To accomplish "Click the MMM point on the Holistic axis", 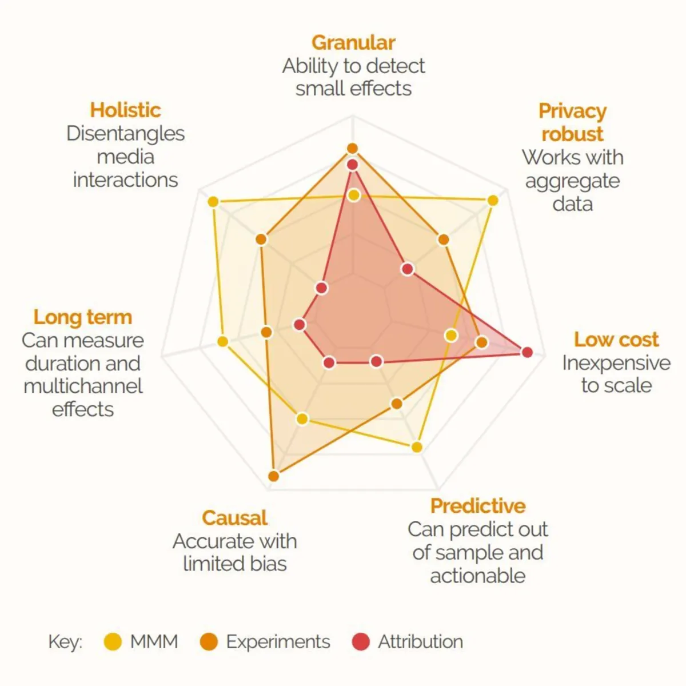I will coord(213,202).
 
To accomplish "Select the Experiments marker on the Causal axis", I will coord(273,476).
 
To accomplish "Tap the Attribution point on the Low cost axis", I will coord(527,352).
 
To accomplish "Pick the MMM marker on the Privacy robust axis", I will coord(492,200).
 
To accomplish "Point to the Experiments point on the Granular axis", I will coord(352,149).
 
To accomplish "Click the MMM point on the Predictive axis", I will coord(417,447).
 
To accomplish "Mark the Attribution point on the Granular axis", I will coord(352,165).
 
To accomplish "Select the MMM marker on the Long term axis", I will coord(223,342).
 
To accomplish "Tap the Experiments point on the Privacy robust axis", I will coord(443,240).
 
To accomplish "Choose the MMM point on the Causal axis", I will coord(302,419).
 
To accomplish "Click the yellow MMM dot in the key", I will coord(113,642).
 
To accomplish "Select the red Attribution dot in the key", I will coord(361,642).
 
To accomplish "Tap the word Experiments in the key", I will coord(278,642).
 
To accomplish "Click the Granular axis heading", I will coord(353,43).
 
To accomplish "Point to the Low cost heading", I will coord(616,340).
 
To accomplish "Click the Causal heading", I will coord(234,518).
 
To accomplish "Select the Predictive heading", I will coord(478,506).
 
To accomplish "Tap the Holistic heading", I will coord(125,110).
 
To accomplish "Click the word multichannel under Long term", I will coord(83,386).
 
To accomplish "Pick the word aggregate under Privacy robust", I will coord(572,181).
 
